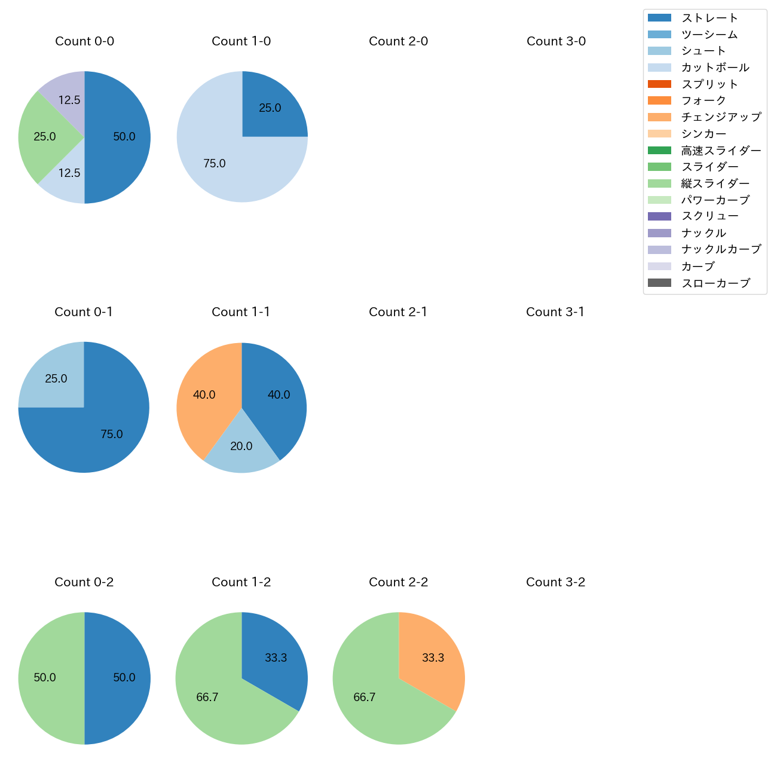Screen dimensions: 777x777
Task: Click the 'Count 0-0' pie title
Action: [x=84, y=41]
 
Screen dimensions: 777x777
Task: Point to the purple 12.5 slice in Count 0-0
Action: [x=66, y=96]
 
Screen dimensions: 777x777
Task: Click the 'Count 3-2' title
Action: [x=555, y=582]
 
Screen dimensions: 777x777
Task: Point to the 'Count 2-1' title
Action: [x=398, y=312]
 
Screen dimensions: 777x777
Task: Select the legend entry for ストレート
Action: [x=709, y=18]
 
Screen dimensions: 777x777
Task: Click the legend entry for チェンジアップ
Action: [x=721, y=117]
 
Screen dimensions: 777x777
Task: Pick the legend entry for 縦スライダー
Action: [x=715, y=183]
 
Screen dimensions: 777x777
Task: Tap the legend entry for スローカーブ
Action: [x=715, y=283]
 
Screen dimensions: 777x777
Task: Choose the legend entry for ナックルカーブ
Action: [x=721, y=249]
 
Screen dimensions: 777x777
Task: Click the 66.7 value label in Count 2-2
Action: [x=365, y=698]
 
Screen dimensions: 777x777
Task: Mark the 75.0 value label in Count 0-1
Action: [x=112, y=435]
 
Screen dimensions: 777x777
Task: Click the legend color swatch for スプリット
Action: [x=659, y=84]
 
